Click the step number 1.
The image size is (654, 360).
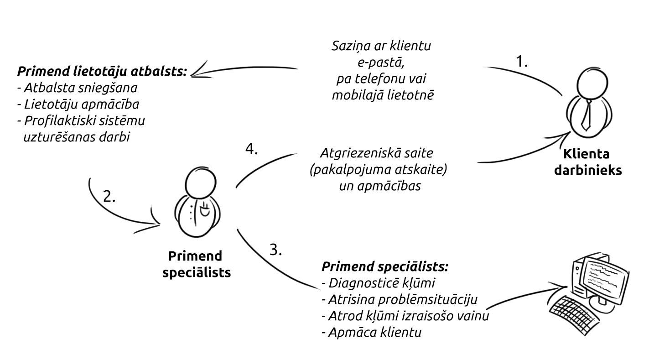pos(522,61)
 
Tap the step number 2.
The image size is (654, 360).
pos(109,196)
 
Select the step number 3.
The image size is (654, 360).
pos(275,250)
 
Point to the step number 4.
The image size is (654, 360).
pos(251,149)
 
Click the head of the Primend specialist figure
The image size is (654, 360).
pos(200,183)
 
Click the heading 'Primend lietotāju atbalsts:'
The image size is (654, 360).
pos(102,72)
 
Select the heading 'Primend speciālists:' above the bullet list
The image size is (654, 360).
pos(385,266)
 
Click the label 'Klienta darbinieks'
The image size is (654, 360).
pos(588,162)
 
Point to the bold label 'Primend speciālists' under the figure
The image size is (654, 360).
pos(196,264)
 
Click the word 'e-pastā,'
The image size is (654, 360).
pos(381,63)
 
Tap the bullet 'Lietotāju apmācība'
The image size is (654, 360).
pos(78,104)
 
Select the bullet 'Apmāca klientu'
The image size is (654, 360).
pos(372,333)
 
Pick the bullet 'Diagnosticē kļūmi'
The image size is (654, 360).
pos(379,283)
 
